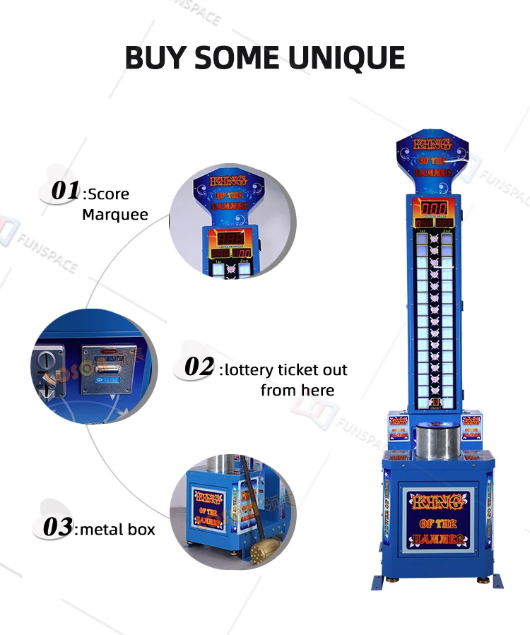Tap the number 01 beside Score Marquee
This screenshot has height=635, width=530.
tap(65, 191)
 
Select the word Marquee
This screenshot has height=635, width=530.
tap(115, 214)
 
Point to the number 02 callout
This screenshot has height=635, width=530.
tap(199, 367)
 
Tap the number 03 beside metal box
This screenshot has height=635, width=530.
tap(57, 527)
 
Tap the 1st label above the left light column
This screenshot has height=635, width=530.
tap(423, 231)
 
